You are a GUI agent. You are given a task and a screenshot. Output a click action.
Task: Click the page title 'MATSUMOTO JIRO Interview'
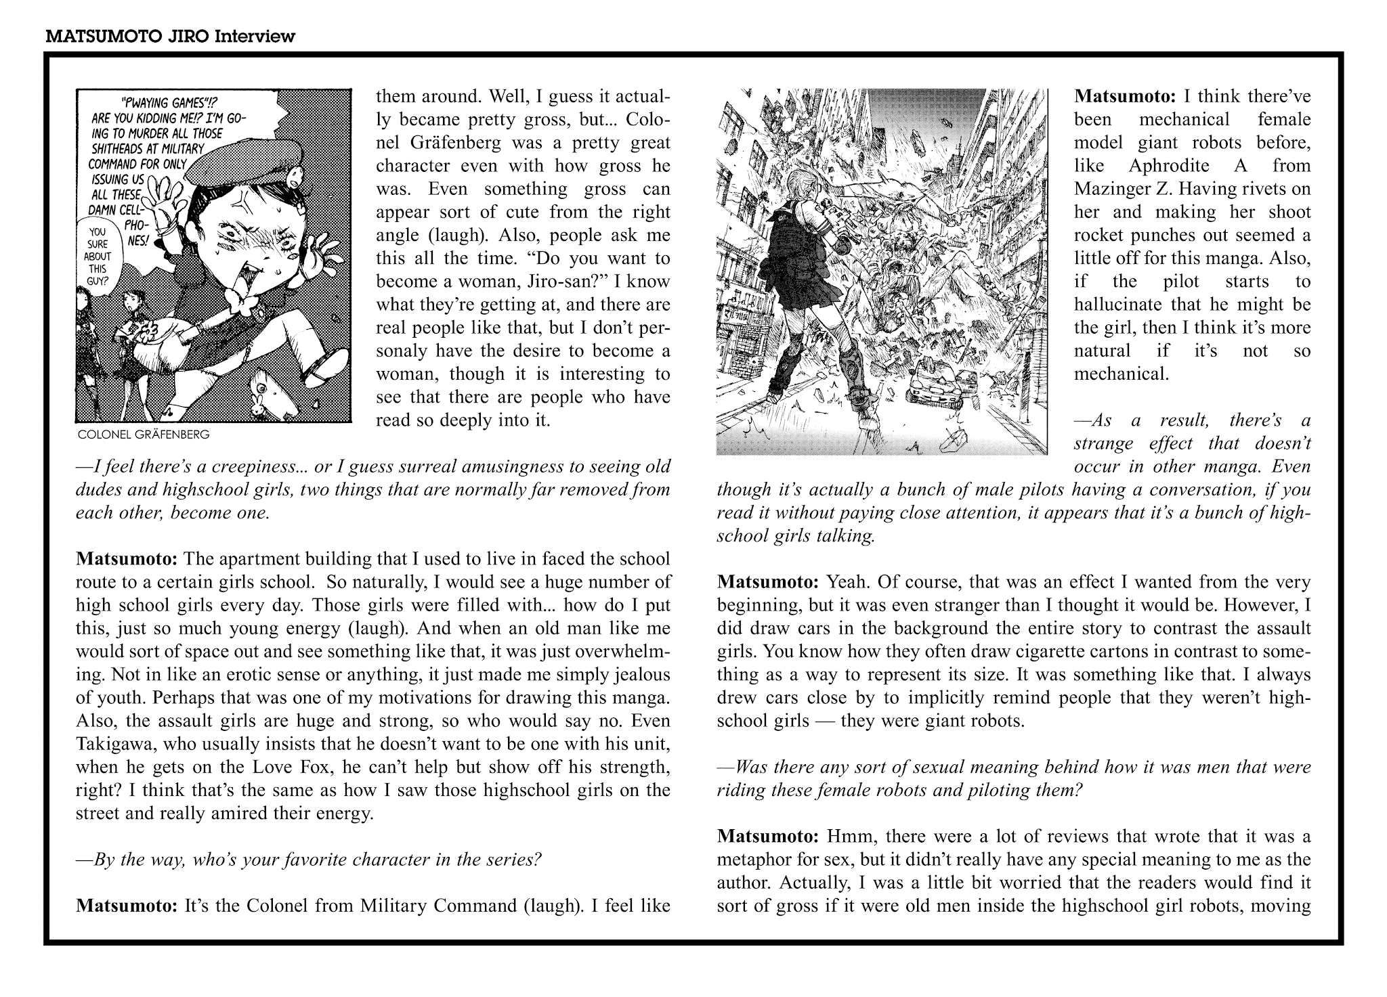(170, 37)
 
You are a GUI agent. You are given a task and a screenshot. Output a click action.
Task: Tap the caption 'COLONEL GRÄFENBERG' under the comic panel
(144, 435)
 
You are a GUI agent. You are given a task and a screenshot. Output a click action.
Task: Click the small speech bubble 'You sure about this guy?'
(98, 257)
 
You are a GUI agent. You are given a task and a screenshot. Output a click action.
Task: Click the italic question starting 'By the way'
(309, 860)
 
